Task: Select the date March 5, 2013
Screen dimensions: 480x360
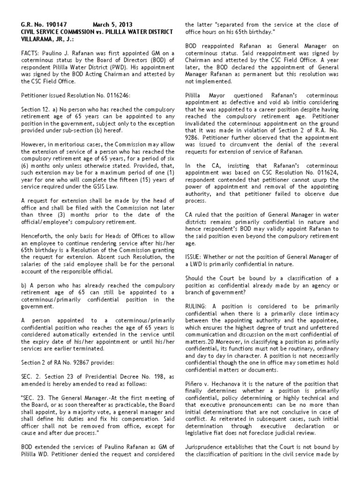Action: (112, 24)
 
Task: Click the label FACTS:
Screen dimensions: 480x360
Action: (30, 54)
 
